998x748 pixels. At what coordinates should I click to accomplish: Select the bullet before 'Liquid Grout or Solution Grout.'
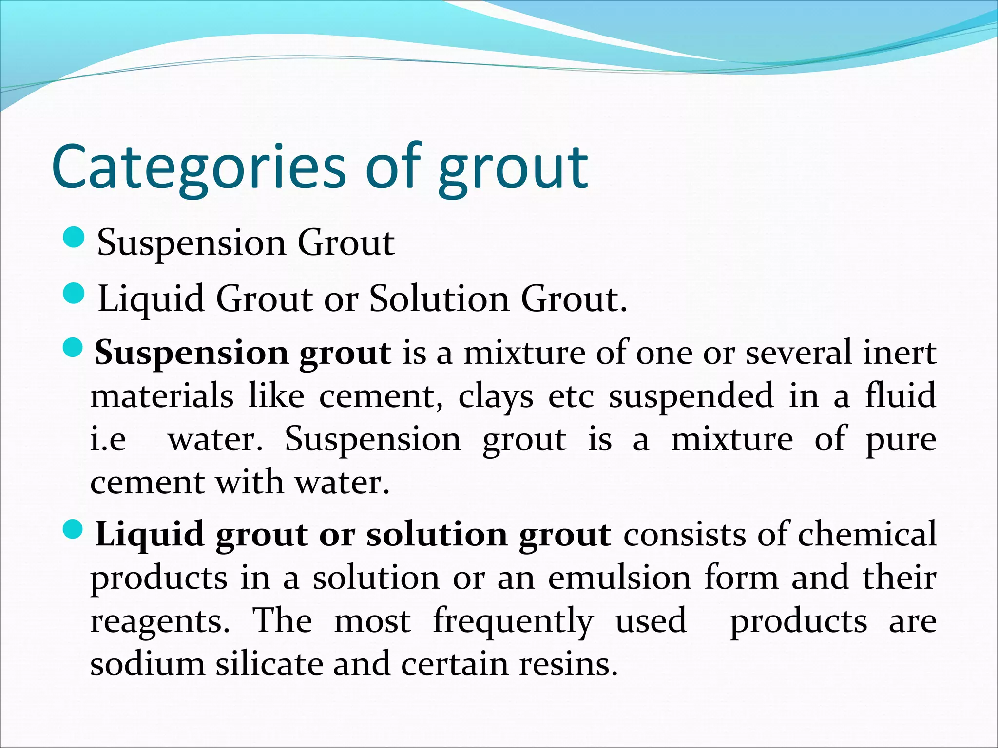tap(74, 294)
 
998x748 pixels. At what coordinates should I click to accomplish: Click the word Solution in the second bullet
tap(439, 298)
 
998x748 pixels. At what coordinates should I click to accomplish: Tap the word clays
tap(496, 396)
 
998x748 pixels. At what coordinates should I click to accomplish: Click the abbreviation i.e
tap(108, 439)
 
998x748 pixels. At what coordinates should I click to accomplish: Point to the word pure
tap(901, 440)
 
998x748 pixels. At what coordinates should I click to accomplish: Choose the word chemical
tap(867, 534)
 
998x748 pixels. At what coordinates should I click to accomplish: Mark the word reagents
tap(160, 622)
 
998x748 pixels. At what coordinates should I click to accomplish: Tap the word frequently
tap(513, 622)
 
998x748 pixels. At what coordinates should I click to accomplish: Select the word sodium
tap(147, 664)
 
